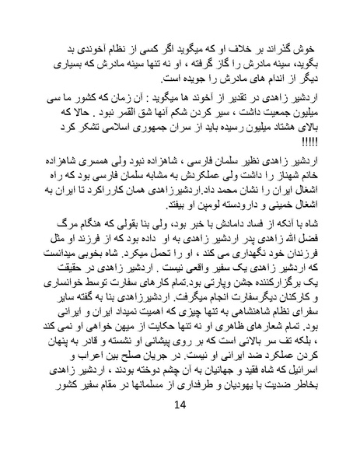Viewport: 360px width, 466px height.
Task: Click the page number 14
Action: pyautogui.click(x=180, y=426)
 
